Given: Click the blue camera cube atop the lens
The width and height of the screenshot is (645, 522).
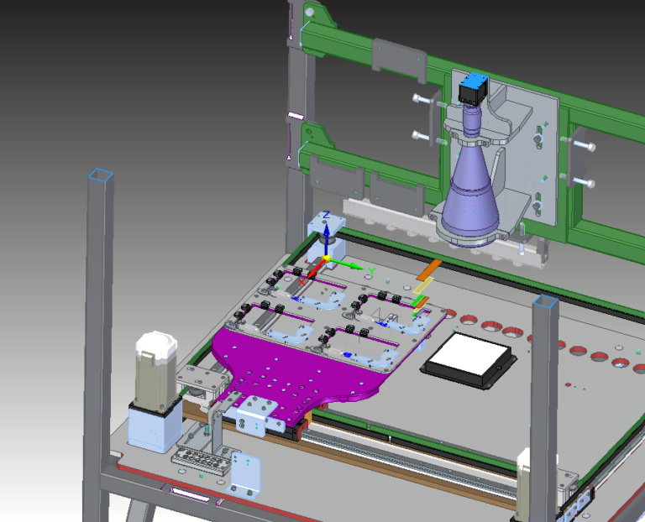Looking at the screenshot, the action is (474, 89).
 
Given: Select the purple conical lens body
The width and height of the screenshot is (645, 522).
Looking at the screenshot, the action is (471, 193).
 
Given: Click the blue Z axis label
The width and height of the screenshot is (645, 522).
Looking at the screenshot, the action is (327, 215).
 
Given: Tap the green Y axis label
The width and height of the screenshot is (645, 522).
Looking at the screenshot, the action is (371, 271).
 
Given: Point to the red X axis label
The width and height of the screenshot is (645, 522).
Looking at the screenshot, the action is (302, 282).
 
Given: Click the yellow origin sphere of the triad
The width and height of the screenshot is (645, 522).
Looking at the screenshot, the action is (327, 258).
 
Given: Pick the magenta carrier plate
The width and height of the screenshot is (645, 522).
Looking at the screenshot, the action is (296, 370).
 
